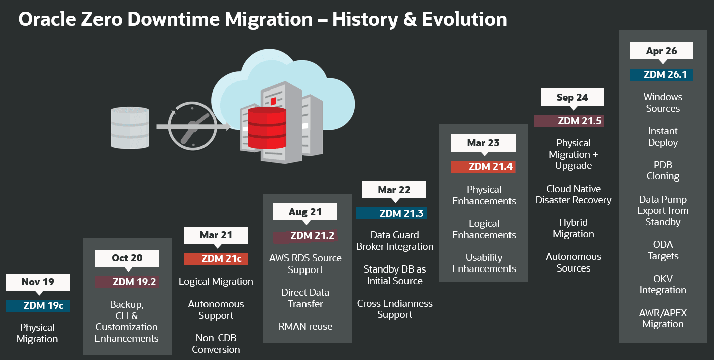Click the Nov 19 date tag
click(x=38, y=282)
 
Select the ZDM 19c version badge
click(x=38, y=305)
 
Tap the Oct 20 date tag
click(x=127, y=258)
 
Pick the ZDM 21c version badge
click(x=216, y=258)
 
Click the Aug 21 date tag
click(x=305, y=212)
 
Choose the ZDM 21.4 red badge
click(x=483, y=166)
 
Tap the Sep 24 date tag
click(x=572, y=97)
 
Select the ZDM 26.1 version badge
click(x=661, y=74)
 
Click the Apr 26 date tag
click(x=661, y=51)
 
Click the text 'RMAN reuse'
click(x=305, y=327)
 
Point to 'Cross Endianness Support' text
click(x=394, y=309)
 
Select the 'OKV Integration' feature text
click(x=663, y=284)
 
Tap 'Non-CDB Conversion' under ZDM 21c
click(x=216, y=343)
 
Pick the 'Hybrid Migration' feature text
click(x=573, y=228)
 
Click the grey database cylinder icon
click(x=130, y=128)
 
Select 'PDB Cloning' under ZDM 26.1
click(x=663, y=170)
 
